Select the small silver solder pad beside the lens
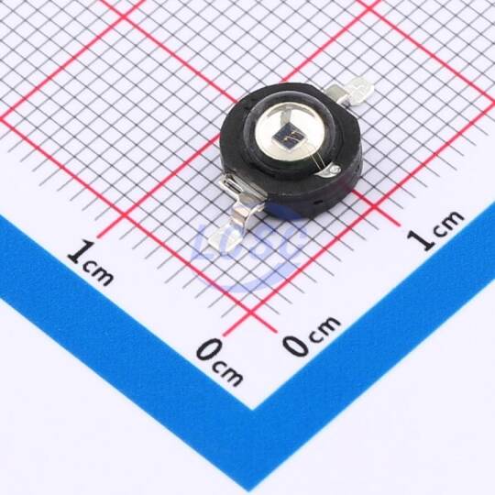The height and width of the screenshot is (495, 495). pos(332,170)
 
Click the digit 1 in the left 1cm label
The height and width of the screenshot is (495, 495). pos(78,252)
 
